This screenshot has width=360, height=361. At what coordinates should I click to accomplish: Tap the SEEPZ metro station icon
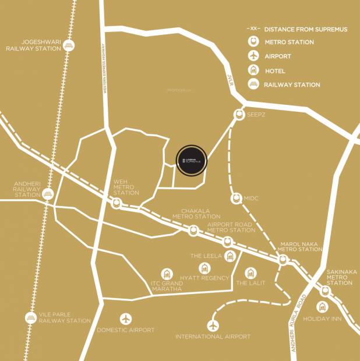pyautogui.click(x=239, y=115)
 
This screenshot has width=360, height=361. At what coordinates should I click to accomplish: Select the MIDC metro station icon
pyautogui.click(x=236, y=199)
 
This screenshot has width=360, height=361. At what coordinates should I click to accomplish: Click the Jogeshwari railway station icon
pyautogui.click(x=69, y=45)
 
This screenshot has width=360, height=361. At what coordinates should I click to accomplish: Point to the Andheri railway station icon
pyautogui.click(x=48, y=194)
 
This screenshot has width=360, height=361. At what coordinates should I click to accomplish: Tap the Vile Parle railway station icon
pyautogui.click(x=31, y=318)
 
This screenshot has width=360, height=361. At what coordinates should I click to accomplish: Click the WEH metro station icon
pyautogui.click(x=117, y=203)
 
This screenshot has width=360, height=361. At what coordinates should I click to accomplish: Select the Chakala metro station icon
pyautogui.click(x=193, y=231)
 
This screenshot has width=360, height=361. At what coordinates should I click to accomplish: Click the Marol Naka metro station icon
pyautogui.click(x=283, y=260)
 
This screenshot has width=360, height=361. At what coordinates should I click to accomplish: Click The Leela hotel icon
pyautogui.click(x=230, y=255)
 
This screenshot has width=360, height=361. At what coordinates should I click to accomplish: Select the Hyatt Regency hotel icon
pyautogui.click(x=204, y=268)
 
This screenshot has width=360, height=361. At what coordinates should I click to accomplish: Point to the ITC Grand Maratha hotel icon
pyautogui.click(x=168, y=274)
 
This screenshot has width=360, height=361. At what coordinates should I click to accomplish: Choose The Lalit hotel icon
pyautogui.click(x=250, y=272)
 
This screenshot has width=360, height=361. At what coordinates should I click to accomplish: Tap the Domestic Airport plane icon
pyautogui.click(x=126, y=318)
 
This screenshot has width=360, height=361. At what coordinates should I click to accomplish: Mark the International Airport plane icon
pyautogui.click(x=213, y=325)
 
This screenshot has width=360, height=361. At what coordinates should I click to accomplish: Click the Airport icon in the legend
pyautogui.click(x=253, y=56)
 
